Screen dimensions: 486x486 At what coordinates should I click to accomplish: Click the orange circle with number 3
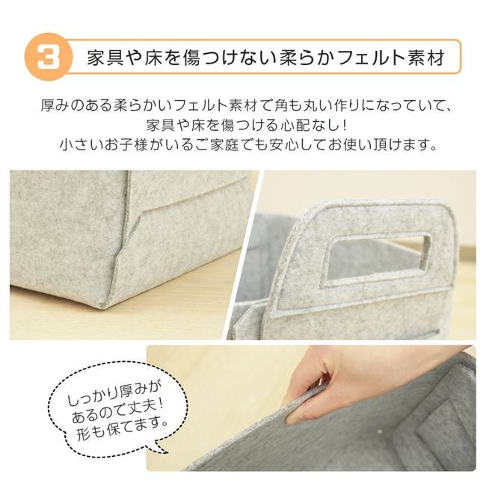[x=48, y=57]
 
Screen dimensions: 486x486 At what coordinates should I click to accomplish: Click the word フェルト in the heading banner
[x=371, y=58]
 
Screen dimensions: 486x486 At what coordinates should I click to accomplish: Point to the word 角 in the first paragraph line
[x=281, y=105]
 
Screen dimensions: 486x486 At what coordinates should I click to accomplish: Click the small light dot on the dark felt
[x=379, y=430]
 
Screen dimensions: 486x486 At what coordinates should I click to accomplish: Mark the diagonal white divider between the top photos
[x=244, y=255]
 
